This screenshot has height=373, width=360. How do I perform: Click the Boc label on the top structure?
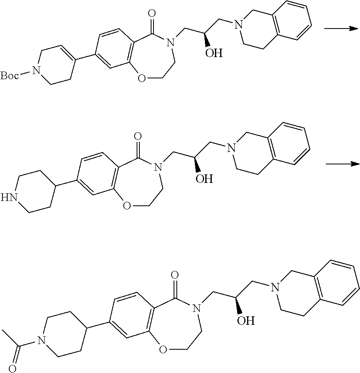[x=9, y=75]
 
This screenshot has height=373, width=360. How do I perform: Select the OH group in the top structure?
[x=213, y=53]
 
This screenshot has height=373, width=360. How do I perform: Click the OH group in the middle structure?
[x=204, y=178]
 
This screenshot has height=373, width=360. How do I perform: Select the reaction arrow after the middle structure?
[x=342, y=164]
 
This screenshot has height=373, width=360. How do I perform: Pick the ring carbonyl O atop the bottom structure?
[x=174, y=275]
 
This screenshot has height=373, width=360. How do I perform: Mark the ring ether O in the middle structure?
[x=127, y=206]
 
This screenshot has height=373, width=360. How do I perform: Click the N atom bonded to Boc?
[x=36, y=72]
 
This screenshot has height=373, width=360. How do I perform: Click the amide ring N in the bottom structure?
[x=196, y=309]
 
